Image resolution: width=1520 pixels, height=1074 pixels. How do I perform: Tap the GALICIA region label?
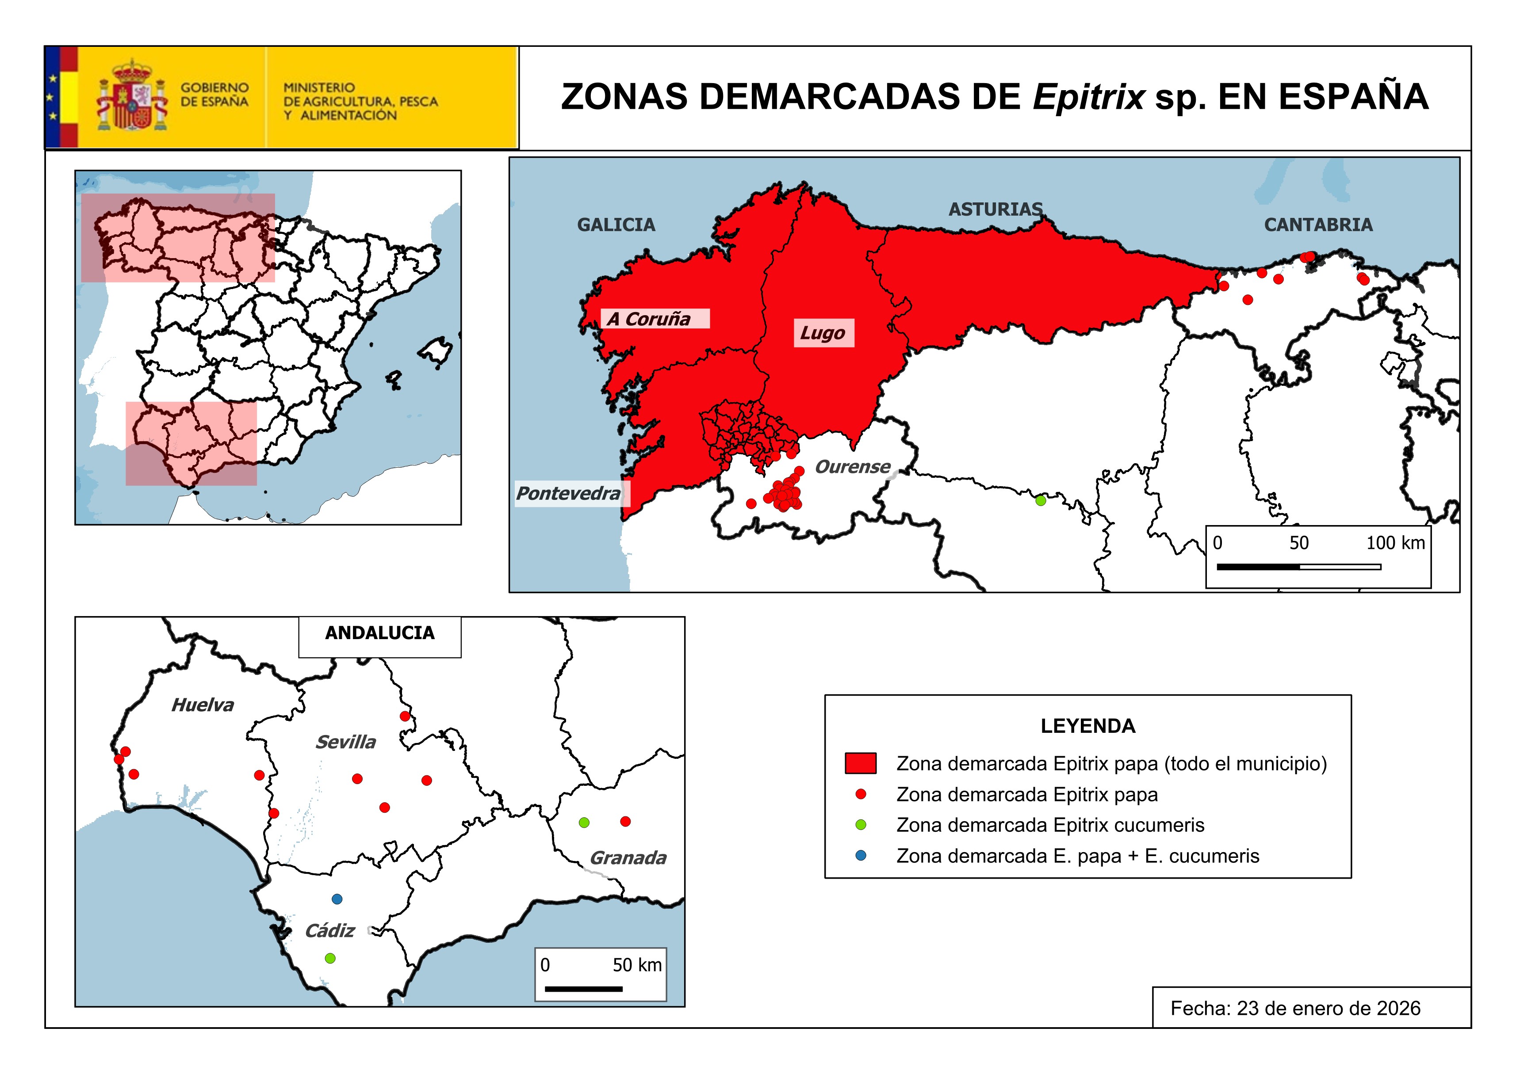[x=616, y=225]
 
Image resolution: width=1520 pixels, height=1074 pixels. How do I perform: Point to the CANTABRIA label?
[x=1317, y=225]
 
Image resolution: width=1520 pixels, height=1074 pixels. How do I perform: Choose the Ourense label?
[x=852, y=467]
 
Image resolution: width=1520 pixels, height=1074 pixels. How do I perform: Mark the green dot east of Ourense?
[x=1040, y=501]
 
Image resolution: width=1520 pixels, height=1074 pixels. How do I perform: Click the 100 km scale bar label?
[x=1395, y=543]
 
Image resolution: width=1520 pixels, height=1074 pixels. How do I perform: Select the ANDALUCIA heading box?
[x=379, y=633]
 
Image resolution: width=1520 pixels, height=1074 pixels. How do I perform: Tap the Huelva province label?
[x=203, y=705]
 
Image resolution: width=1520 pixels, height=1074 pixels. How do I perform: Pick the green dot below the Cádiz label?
[x=330, y=958]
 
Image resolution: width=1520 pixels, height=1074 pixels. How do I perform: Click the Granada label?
[x=628, y=858]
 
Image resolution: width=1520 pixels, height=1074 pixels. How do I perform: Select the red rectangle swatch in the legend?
[x=860, y=763]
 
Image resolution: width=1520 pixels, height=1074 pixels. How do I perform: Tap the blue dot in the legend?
[x=861, y=856]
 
